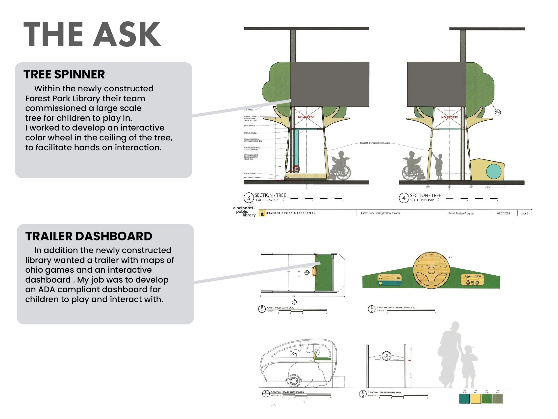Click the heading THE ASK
tap(92, 35)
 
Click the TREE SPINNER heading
tap(64, 74)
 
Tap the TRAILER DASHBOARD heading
tap(89, 236)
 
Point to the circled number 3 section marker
tap(249, 198)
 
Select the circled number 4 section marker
tap(404, 198)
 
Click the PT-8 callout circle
tap(498, 112)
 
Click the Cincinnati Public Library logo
tap(244, 211)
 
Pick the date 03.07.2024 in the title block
tap(503, 213)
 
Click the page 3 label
tap(524, 213)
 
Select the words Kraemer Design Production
tap(291, 213)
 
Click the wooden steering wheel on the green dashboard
tap(431, 270)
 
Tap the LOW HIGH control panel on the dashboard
tap(473, 280)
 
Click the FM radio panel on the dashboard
tap(389, 280)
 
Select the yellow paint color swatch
tap(475, 398)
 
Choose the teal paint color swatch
tap(464, 398)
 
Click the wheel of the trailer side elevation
tap(293, 381)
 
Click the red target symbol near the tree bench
tap(297, 169)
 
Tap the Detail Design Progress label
tap(461, 213)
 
